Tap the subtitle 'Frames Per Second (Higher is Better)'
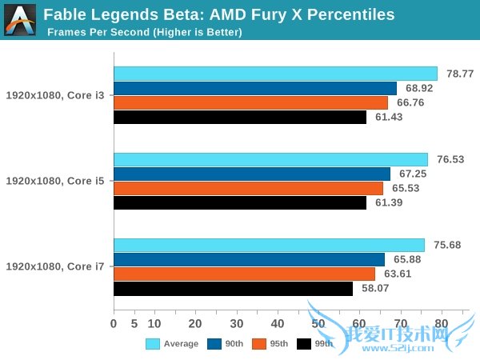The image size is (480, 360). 144,32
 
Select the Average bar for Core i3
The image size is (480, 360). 275,74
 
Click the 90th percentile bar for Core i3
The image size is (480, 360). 255,88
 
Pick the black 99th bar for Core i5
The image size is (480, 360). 240,203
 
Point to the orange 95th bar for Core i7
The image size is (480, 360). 244,274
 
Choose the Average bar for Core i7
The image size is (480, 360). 269,246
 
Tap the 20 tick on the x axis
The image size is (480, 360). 195,324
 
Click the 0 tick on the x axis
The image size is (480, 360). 114,324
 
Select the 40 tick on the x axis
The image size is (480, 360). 277,324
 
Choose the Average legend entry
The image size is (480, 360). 172,344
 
